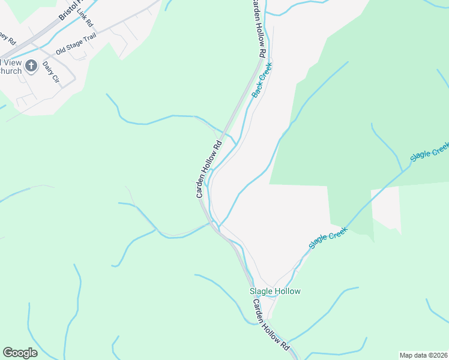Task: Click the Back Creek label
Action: click(x=262, y=80)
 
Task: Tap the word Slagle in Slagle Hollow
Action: click(x=262, y=292)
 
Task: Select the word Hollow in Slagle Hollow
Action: click(x=288, y=292)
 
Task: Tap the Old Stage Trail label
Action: click(x=76, y=44)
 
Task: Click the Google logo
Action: click(x=20, y=353)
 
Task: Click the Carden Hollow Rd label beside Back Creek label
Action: click(x=257, y=29)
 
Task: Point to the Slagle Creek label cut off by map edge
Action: click(x=430, y=152)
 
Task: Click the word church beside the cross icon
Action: click(x=11, y=71)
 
